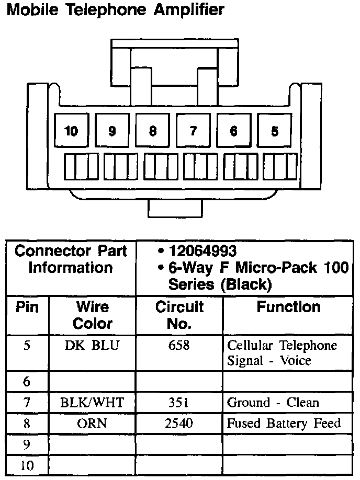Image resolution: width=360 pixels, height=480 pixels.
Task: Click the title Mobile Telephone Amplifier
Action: click(115, 10)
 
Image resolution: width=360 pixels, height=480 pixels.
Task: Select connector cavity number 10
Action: click(71, 131)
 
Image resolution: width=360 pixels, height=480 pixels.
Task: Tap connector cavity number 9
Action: click(112, 131)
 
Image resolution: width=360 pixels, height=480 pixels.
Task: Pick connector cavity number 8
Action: click(152, 131)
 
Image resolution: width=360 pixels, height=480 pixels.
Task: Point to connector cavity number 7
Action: click(193, 131)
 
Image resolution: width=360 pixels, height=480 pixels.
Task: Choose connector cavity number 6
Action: click(233, 131)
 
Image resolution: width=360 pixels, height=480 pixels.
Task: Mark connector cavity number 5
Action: click(274, 131)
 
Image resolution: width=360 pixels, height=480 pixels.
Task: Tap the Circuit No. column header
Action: click(179, 315)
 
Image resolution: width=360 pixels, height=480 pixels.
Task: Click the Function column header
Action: click(288, 307)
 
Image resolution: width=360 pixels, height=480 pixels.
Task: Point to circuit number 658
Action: click(179, 346)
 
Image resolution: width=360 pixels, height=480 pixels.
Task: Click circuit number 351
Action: click(179, 403)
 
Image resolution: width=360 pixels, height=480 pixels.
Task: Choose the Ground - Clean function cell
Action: click(273, 403)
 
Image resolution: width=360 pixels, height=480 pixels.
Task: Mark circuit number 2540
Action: click(179, 424)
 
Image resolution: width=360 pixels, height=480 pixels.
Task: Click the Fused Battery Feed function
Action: click(283, 424)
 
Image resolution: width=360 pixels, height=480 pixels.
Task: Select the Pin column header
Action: click(27, 307)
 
